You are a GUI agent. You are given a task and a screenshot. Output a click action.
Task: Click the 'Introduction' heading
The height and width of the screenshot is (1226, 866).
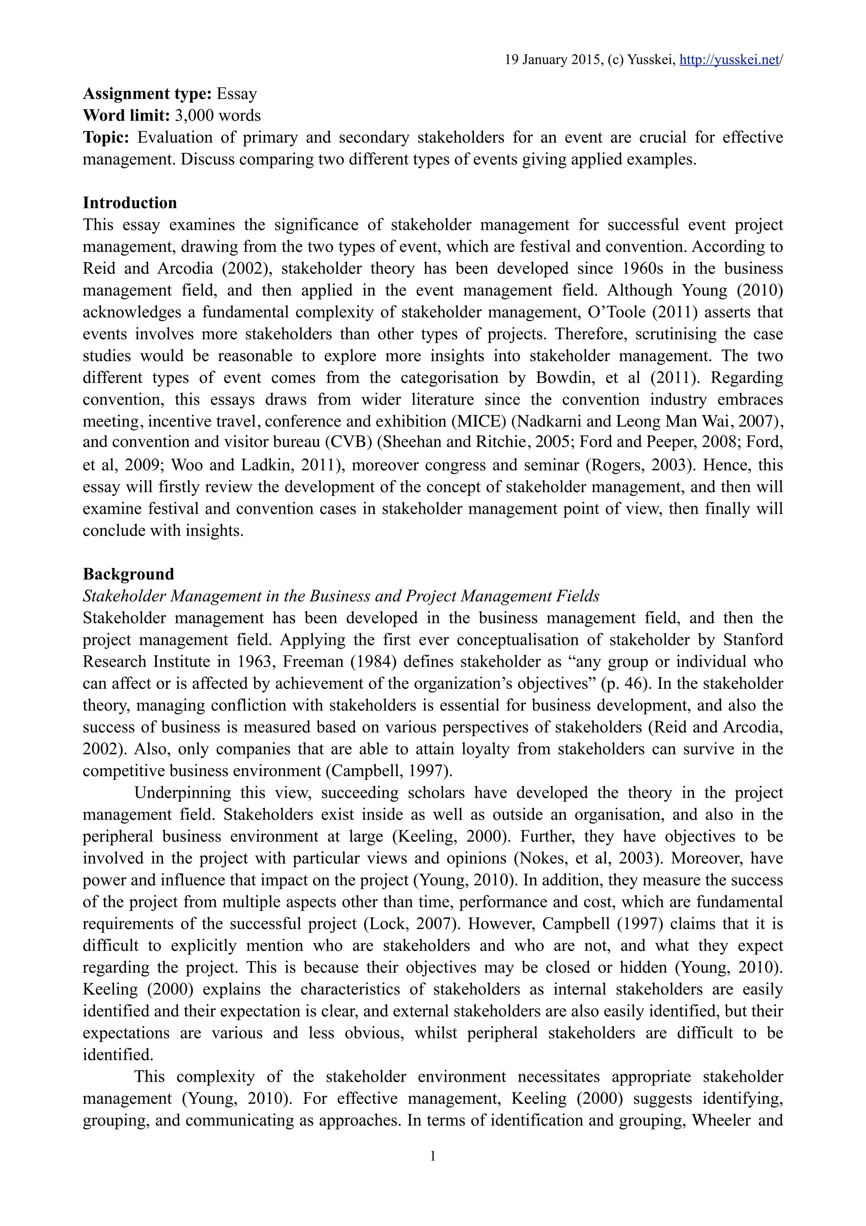click(x=130, y=203)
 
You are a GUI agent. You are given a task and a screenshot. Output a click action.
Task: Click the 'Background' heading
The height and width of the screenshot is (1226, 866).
click(x=128, y=574)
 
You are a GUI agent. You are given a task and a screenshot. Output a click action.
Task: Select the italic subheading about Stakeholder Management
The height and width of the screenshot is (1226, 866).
click(x=341, y=596)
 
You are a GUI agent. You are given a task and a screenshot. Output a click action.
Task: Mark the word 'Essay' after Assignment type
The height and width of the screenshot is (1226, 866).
click(x=236, y=94)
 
